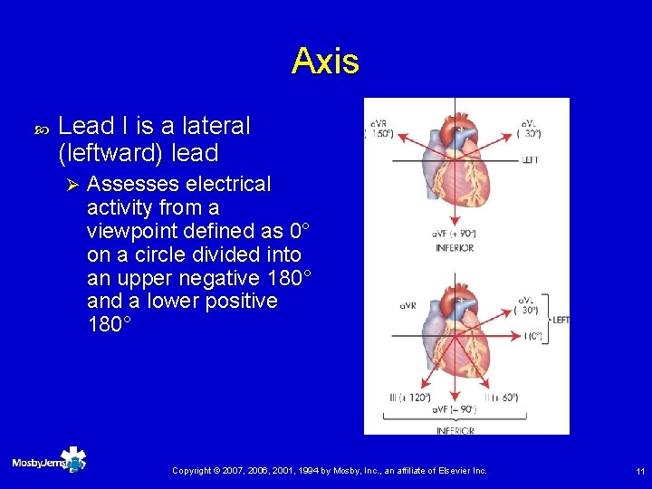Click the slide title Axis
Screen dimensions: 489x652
click(x=325, y=62)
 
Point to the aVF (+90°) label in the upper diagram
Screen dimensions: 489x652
click(x=455, y=235)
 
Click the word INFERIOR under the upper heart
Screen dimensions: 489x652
click(x=455, y=247)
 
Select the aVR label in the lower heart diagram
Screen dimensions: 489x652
click(x=408, y=306)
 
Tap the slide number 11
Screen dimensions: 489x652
click(x=640, y=471)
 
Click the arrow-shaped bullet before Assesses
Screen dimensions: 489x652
click(x=74, y=185)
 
